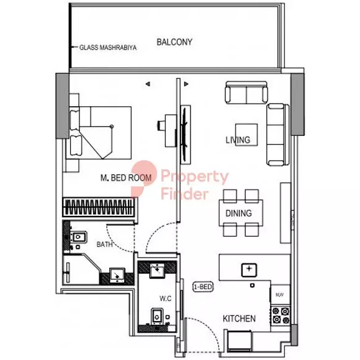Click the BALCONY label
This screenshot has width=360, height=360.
click(174, 42)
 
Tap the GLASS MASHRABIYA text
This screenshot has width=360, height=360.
click(108, 48)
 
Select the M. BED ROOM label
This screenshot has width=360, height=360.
click(126, 178)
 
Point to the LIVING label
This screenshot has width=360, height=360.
click(238, 140)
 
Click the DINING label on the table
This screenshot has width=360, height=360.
click(238, 214)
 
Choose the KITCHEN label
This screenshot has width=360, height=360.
click(239, 318)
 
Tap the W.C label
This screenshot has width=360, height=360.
click(166, 299)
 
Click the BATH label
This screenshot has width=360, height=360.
click(104, 245)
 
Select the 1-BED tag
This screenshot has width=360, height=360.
click(203, 287)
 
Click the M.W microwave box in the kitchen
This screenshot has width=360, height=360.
click(281, 295)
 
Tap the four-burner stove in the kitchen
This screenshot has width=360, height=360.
click(281, 315)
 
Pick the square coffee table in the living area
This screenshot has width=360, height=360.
click(246, 135)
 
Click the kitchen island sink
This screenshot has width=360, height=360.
click(249, 270)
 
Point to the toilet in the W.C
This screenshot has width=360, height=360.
click(157, 317)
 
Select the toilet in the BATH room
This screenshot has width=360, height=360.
click(78, 237)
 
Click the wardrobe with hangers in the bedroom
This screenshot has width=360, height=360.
click(99, 207)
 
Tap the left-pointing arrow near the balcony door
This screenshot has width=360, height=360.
click(148, 84)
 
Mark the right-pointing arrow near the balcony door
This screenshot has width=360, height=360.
click(186, 84)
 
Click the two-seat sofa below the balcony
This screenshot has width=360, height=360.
click(246, 92)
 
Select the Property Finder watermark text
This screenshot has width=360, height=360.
click(195, 185)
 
